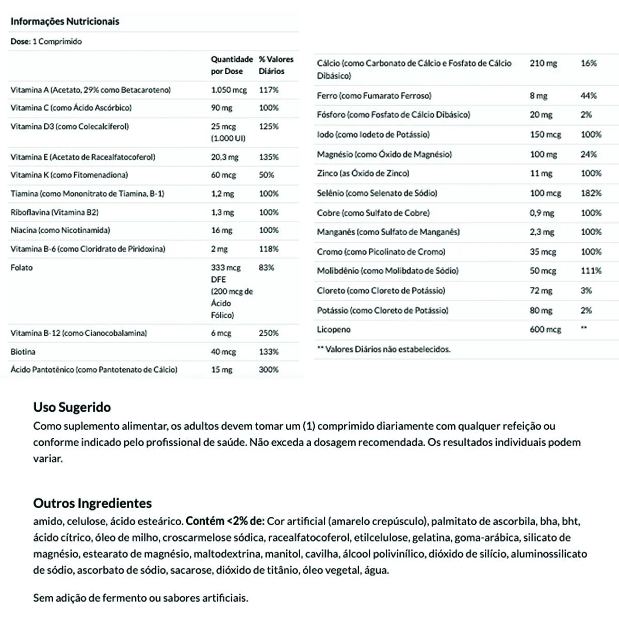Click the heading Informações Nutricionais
tap(64, 21)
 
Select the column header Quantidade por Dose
tap(232, 65)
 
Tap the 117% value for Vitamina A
tap(269, 90)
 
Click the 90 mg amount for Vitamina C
tap(222, 108)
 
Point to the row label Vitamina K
tap(69, 175)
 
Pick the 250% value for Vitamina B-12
tap(269, 333)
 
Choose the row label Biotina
tap(23, 352)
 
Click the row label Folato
tap(22, 267)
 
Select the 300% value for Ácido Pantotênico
tap(269, 369)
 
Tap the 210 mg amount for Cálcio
tap(543, 63)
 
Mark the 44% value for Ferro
tap(589, 95)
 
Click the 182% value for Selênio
tap(591, 193)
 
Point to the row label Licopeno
tap(334, 329)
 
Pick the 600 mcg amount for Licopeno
tap(545, 329)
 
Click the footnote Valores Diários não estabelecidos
tap(384, 349)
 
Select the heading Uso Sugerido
tap(72, 407)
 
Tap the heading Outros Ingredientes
tap(93, 503)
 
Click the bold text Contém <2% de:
tap(225, 521)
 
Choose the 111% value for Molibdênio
tap(591, 270)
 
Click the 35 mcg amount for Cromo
tap(543, 252)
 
